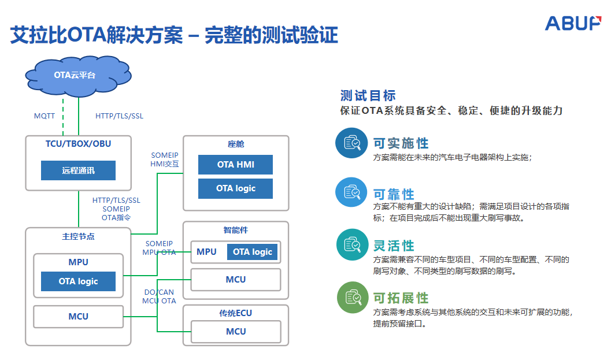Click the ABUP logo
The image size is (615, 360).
pyautogui.click(x=573, y=23)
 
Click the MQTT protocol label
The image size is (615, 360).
pyautogui.click(x=45, y=116)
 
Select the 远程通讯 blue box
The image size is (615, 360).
pyautogui.click(x=78, y=170)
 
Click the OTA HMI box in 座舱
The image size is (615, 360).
pyautogui.click(x=235, y=165)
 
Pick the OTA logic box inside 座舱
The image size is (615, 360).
pyautogui.click(x=235, y=188)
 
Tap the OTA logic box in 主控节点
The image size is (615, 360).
pyautogui.click(x=78, y=281)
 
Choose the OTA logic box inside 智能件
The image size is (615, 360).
pyautogui.click(x=253, y=252)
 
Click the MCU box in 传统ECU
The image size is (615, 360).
pyautogui.click(x=235, y=332)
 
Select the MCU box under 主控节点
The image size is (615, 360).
pyautogui.click(x=78, y=316)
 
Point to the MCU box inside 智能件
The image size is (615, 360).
pyautogui.click(x=235, y=280)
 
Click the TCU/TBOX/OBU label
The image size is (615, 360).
pyautogui.click(x=78, y=144)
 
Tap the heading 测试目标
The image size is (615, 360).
pyautogui.click(x=368, y=96)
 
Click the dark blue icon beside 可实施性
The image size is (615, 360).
pyautogui.click(x=351, y=143)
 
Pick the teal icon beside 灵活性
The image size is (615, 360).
pyautogui.click(x=351, y=245)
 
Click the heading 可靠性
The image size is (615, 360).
pyautogui.click(x=394, y=194)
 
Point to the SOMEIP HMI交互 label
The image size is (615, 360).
pyautogui.click(x=165, y=159)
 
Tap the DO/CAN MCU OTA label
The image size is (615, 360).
pyautogui.click(x=160, y=296)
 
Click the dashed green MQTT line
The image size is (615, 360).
pyautogui.click(x=62, y=116)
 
